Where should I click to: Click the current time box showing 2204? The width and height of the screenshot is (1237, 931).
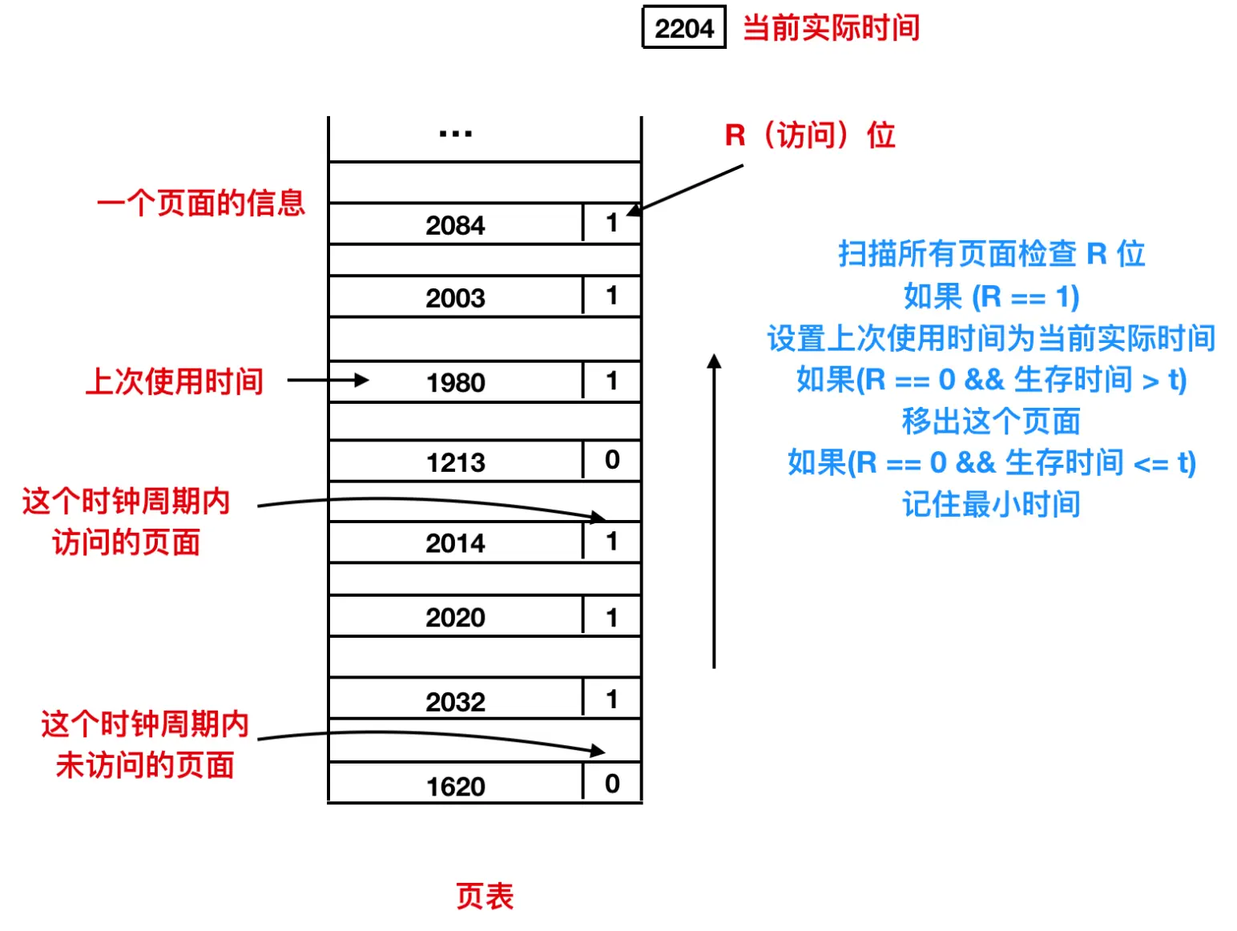coord(683,28)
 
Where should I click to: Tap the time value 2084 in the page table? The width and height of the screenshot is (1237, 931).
coord(455,225)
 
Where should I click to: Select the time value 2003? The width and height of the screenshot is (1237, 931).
coord(455,298)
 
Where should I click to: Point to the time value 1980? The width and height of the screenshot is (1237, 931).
coord(455,382)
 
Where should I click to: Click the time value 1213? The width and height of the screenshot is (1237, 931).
coord(455,462)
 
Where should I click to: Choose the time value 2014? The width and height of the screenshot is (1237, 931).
coord(455,543)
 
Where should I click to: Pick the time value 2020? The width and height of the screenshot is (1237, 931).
coord(455,618)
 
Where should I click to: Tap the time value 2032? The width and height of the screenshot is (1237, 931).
coord(455,702)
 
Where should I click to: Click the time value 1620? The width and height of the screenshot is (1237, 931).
coord(455,787)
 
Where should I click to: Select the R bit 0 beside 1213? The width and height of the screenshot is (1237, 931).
coord(612,460)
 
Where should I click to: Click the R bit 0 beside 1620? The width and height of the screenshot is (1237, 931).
coord(612,784)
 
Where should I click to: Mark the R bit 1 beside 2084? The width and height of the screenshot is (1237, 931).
coord(612,223)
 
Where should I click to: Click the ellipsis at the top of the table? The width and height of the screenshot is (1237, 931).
coord(455,134)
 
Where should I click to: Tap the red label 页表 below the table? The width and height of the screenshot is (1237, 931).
coord(485,896)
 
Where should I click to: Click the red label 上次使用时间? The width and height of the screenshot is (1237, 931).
coord(175,381)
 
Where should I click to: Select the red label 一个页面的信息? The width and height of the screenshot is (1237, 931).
coord(200,203)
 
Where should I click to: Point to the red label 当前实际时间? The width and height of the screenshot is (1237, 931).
coord(831,28)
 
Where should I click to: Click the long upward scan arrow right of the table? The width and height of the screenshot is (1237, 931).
coord(714,513)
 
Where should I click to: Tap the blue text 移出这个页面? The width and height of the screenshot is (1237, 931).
coord(991,421)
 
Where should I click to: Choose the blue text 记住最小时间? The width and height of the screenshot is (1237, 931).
coord(991,505)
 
